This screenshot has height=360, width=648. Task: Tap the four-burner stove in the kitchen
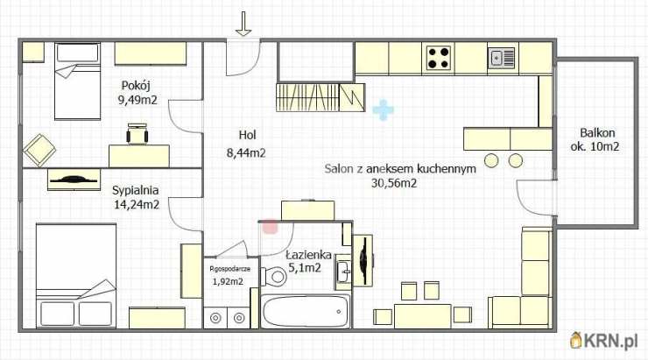(439, 58)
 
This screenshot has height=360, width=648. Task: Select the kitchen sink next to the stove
(502, 58)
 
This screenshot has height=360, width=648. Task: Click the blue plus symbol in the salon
(383, 110)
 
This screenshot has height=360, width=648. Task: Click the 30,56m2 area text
(394, 183)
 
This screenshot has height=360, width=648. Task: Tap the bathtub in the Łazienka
(305, 310)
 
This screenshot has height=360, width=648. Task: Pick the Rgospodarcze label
(230, 269)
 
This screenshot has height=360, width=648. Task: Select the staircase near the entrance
(320, 95)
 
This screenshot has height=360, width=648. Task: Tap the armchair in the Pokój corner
(39, 149)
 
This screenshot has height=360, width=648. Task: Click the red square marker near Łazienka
(271, 226)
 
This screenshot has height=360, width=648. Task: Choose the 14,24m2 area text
(135, 204)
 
